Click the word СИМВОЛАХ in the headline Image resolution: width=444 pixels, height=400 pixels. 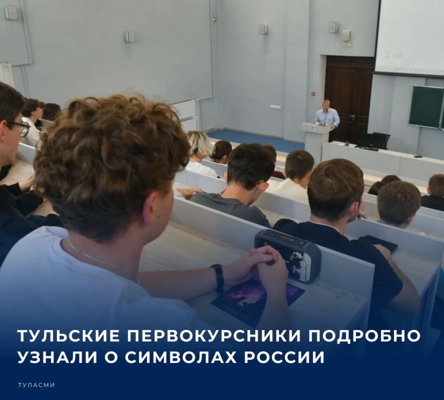[180, 357]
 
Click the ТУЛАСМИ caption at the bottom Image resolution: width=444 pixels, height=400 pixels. [36, 385]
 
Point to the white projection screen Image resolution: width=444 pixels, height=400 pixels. [409, 37]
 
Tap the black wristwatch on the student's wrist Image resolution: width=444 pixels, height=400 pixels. [217, 278]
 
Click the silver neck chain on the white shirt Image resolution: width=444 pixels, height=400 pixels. [90, 254]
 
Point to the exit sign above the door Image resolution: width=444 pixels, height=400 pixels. [345, 44]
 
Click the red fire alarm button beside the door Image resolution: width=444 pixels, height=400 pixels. [313, 93]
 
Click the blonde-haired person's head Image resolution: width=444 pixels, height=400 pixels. [199, 143]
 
